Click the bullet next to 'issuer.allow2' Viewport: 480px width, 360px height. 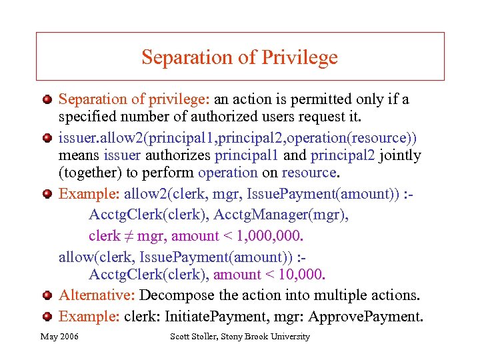tap(47, 138)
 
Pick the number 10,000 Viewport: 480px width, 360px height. tap(299, 274)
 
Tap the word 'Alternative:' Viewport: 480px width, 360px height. tap(97, 295)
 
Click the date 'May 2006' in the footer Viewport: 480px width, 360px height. tap(59, 337)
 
